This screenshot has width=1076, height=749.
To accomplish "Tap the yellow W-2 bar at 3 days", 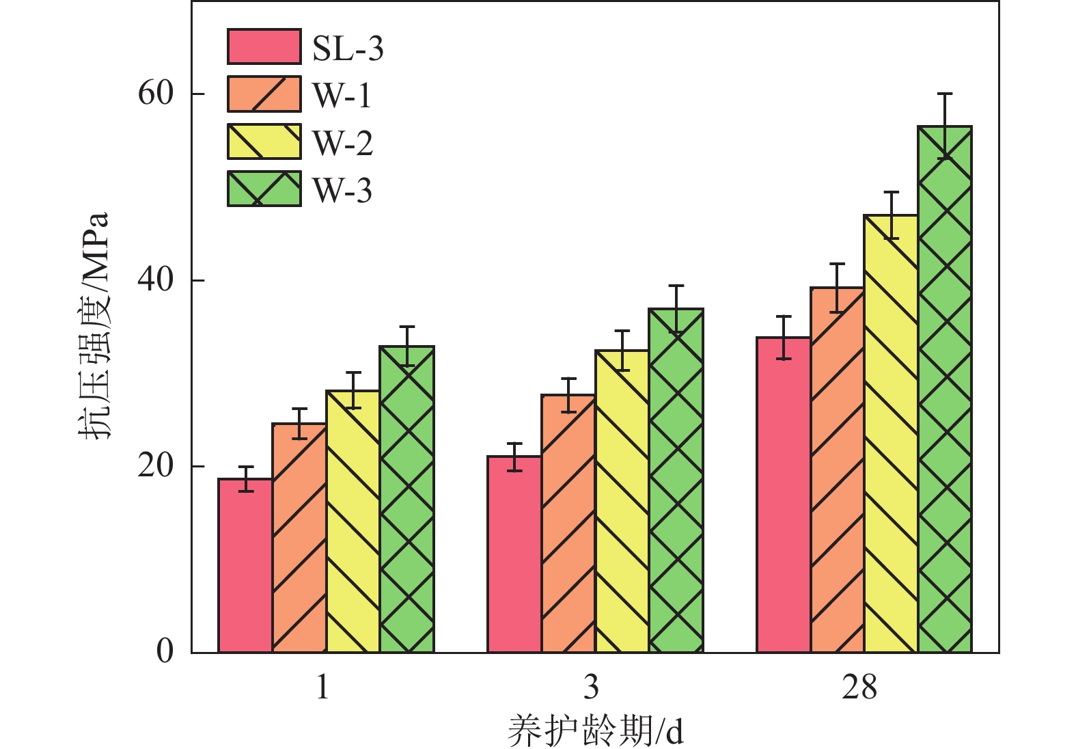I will click(x=622, y=502).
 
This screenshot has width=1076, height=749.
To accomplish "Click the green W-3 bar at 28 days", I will click(x=945, y=390).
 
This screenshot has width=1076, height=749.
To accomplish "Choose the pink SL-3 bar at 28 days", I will click(x=784, y=495).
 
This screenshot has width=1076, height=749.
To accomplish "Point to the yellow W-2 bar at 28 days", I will click(x=891, y=434).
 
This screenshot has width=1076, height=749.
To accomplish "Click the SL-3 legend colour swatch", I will click(x=264, y=46).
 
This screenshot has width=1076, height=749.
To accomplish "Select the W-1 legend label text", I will click(x=342, y=95).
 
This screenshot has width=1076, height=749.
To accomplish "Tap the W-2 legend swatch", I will click(x=264, y=141).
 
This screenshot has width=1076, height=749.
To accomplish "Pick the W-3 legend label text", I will click(x=342, y=190).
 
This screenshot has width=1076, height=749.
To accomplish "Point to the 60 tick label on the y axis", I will click(x=156, y=93).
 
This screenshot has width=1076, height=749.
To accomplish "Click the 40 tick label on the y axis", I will click(x=156, y=280).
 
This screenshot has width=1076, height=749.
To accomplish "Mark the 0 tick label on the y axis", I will click(x=165, y=651).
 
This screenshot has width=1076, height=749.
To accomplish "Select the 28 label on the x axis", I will click(x=859, y=687).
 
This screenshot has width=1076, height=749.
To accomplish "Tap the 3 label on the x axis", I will click(x=591, y=687).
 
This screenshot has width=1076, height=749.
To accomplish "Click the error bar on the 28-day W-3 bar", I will click(x=945, y=126).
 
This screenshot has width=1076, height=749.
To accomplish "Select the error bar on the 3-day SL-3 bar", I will click(x=514, y=457).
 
